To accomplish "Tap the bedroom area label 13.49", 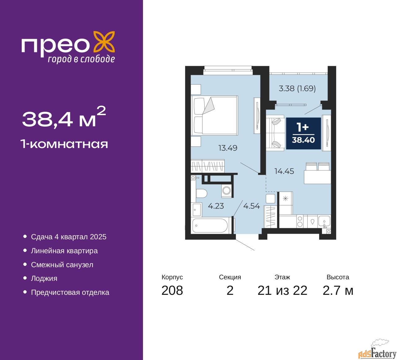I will tap(228, 148).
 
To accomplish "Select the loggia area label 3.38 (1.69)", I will tap(297, 88).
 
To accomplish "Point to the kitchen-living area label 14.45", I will tap(284, 171).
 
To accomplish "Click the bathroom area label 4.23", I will tap(216, 206).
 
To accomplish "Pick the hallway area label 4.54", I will tap(251, 206).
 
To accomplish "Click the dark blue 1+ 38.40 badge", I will tap(303, 133).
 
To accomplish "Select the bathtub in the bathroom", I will tap(210, 226).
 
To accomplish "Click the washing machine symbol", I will tap(227, 190).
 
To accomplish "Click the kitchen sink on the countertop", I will tap(324, 222).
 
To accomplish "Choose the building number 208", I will tap(172, 290).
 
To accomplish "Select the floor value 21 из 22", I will tap(282, 290).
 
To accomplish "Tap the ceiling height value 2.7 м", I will tap(338, 290).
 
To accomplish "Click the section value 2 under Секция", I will tap(230, 290).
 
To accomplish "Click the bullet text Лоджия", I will tap(44, 278).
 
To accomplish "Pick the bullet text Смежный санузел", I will tap(62, 265).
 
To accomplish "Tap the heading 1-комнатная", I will tap(64, 144).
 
